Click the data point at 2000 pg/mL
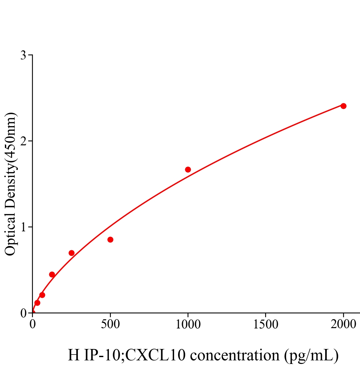pyautogui.click(x=343, y=106)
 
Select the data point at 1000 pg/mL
pyautogui.click(x=188, y=169)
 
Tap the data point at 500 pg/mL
pyautogui.click(x=110, y=239)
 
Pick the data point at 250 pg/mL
pyautogui.click(x=71, y=253)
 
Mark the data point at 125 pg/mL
pyautogui.click(x=52, y=274)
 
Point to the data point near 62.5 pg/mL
pyautogui.click(x=42, y=295)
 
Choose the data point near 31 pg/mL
pyautogui.click(x=37, y=303)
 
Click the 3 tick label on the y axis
pyautogui.click(x=23, y=55)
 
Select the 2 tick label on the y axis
pyautogui.click(x=23, y=141)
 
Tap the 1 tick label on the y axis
pyautogui.click(x=23, y=227)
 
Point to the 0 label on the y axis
pyautogui.click(x=23, y=313)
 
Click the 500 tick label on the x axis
pyautogui.click(x=110, y=325)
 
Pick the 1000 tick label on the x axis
pyautogui.click(x=188, y=325)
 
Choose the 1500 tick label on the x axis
pyautogui.click(x=265, y=325)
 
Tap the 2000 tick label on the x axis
pyautogui.click(x=343, y=325)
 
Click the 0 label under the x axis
pyautogui.click(x=33, y=325)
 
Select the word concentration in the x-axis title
pyautogui.click(x=235, y=355)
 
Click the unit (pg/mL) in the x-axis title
pyautogui.click(x=311, y=355)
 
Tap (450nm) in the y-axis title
pyautogui.click(x=11, y=137)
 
